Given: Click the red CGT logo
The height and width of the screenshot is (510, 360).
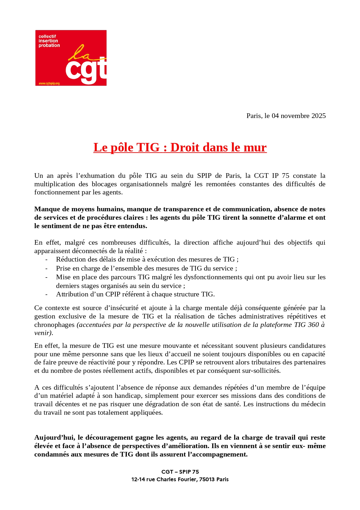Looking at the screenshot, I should tap(71, 58).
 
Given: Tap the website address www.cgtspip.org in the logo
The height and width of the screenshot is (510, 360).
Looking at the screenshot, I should tap(49, 83).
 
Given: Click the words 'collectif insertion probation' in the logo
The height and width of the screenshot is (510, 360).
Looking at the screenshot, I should tap(49, 41).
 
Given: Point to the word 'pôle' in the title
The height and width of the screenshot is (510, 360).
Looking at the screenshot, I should tap(122, 148).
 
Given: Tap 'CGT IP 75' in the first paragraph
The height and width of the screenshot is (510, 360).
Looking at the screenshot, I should tap(271, 176).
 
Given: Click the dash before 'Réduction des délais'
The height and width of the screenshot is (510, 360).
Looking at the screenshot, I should tap(46, 260).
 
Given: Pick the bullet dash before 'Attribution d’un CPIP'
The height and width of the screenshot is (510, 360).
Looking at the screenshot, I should tap(46, 294).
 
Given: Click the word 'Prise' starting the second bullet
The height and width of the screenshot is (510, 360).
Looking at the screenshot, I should tap(63, 268).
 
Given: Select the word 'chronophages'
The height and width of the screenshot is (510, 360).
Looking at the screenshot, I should tap(54, 325).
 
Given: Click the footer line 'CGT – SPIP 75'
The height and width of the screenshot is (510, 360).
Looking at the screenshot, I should tap(180, 472).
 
